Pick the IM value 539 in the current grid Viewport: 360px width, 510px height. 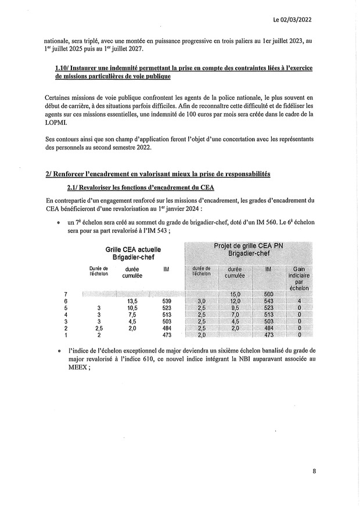coord(167,301)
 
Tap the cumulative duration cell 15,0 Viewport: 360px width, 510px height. coord(235,294)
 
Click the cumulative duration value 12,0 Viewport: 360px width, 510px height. coord(235,301)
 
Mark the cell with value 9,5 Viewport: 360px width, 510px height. coord(235,308)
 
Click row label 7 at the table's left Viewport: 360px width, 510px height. coord(65,294)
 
